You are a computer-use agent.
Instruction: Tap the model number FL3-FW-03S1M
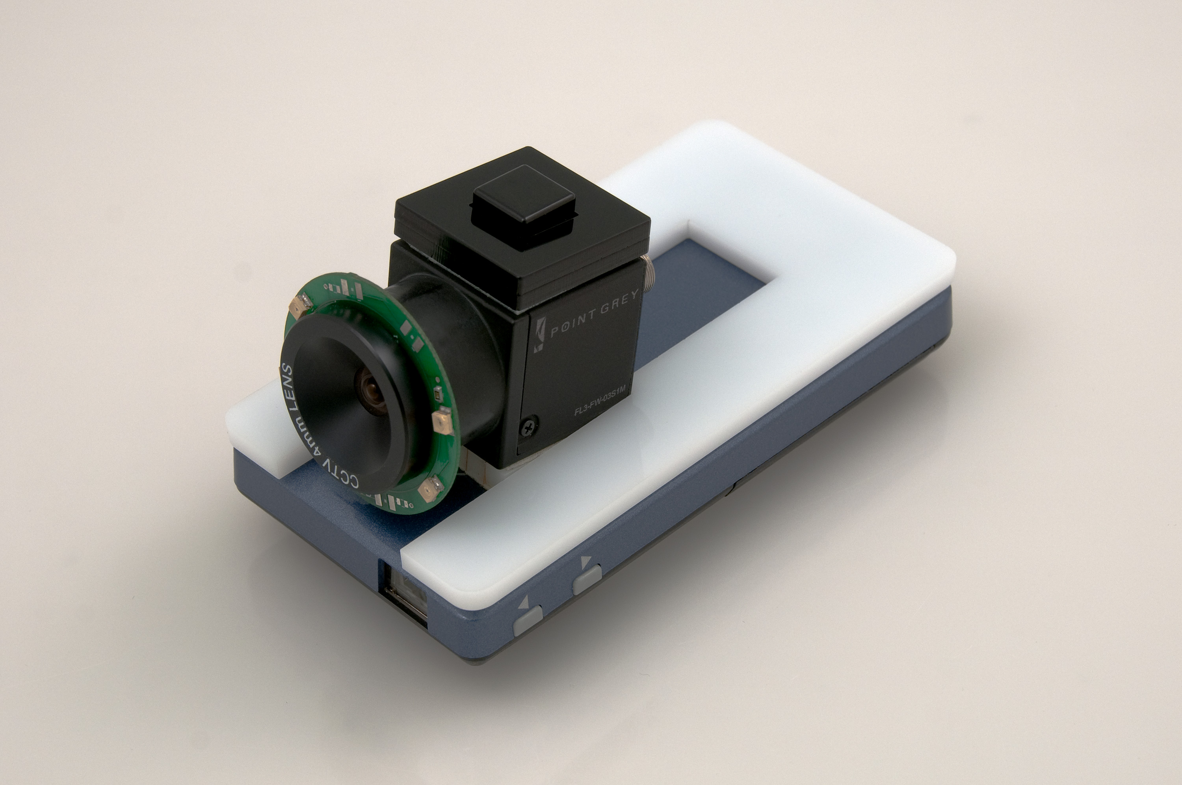[600, 400]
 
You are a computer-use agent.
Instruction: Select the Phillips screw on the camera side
[530, 425]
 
